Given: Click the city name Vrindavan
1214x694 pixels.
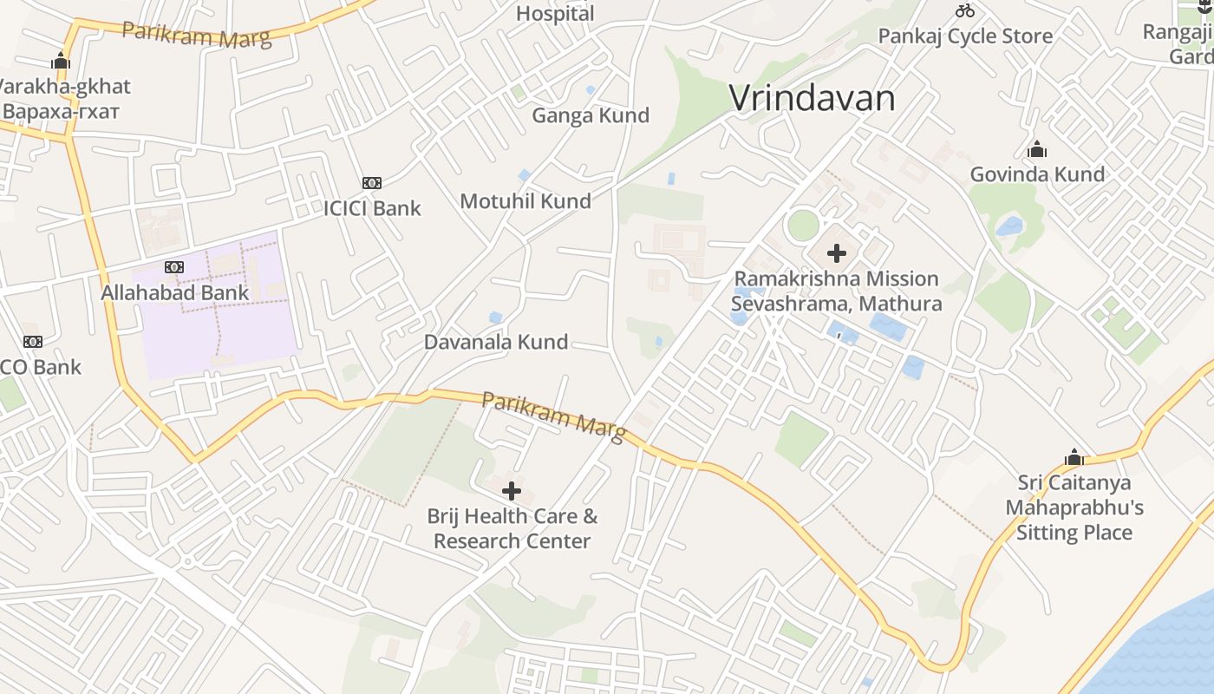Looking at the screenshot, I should click(812, 98).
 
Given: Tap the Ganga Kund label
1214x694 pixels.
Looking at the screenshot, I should click(591, 115).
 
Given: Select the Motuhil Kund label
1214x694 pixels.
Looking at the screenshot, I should click(525, 201).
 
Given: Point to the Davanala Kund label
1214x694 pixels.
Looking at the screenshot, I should click(496, 342).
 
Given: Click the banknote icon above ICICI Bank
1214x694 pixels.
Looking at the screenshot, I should click(372, 183).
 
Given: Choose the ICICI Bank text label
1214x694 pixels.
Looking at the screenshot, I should click(372, 208).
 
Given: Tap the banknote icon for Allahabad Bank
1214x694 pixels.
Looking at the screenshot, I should click(174, 267).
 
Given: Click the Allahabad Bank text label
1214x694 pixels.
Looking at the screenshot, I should click(175, 292).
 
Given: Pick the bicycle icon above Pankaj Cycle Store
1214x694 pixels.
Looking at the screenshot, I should click(965, 11).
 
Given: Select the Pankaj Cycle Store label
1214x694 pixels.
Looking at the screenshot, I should click(965, 36).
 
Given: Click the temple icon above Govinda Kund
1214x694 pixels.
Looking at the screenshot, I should click(1037, 150).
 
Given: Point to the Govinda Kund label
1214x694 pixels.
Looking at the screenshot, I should click(1037, 174).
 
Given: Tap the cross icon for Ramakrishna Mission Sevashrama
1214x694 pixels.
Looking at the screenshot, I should click(837, 253).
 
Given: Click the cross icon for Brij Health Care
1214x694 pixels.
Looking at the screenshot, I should click(512, 491).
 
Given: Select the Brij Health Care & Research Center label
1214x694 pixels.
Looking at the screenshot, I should click(512, 528).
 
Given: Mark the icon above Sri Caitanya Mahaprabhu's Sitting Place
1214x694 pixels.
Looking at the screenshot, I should click(1074, 457).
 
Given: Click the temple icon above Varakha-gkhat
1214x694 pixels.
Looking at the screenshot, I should click(61, 61).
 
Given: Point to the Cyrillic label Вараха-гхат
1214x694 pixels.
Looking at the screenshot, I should click(61, 112).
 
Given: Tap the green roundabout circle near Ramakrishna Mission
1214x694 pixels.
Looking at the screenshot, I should click(803, 226).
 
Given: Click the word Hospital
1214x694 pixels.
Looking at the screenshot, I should click(555, 13).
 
